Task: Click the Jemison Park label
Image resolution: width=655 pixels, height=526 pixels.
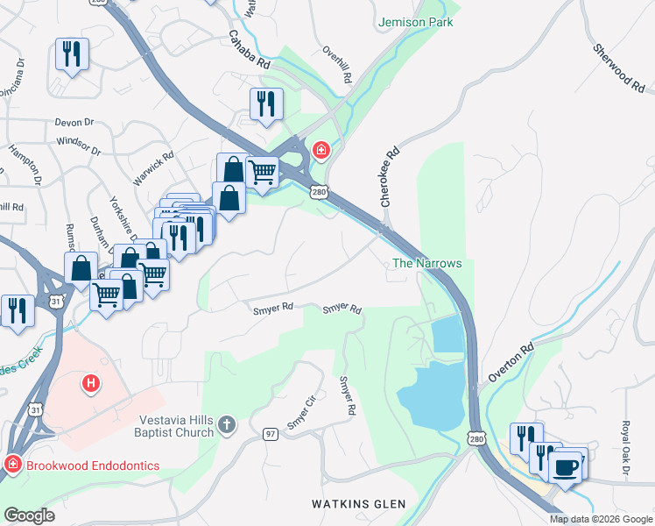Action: tap(416, 22)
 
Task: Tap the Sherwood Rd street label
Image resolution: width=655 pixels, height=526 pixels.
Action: tap(619, 69)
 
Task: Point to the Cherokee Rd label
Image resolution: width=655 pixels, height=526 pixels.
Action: tap(390, 176)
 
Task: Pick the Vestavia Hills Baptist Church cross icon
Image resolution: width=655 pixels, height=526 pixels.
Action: tap(227, 425)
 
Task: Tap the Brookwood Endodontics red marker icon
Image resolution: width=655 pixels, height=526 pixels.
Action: tap(12, 465)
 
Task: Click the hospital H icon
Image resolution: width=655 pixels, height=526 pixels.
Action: tap(89, 383)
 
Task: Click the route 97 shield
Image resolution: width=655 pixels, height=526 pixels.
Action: tap(271, 434)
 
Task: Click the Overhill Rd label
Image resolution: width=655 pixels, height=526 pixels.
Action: tap(336, 64)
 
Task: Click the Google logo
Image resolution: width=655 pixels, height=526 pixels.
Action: tap(30, 516)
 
